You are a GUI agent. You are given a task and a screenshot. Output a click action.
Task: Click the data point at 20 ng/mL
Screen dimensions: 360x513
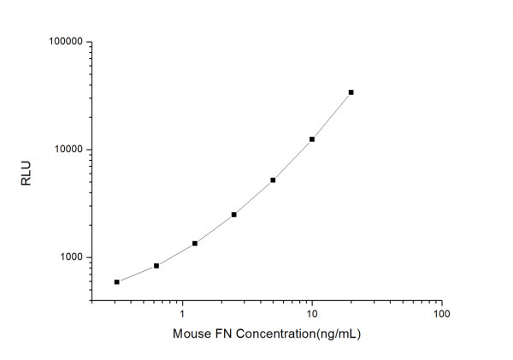351,92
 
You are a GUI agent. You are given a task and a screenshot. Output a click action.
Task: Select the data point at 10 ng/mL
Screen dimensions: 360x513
312,139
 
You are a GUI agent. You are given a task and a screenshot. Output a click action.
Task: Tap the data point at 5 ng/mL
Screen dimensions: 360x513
273,180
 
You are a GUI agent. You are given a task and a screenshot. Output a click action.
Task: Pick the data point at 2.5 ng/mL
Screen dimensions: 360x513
233,215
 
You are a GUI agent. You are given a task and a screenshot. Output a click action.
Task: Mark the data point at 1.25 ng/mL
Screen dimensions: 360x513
195,244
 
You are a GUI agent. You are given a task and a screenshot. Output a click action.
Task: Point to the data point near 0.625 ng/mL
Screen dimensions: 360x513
156,266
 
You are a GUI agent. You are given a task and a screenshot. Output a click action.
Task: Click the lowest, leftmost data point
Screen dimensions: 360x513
116,281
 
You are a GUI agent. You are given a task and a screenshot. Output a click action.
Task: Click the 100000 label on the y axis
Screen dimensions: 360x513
64,42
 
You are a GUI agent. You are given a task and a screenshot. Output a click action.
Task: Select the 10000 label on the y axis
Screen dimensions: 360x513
67,150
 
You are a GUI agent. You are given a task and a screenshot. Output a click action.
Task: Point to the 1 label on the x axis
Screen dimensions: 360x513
182,315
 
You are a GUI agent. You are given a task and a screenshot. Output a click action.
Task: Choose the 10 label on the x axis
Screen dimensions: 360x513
312,315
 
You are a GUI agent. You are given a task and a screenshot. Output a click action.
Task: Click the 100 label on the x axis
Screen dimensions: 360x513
441,315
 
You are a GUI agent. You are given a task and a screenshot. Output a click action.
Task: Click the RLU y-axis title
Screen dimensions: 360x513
26,172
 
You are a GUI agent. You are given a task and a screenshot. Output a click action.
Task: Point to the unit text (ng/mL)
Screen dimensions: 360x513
338,334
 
